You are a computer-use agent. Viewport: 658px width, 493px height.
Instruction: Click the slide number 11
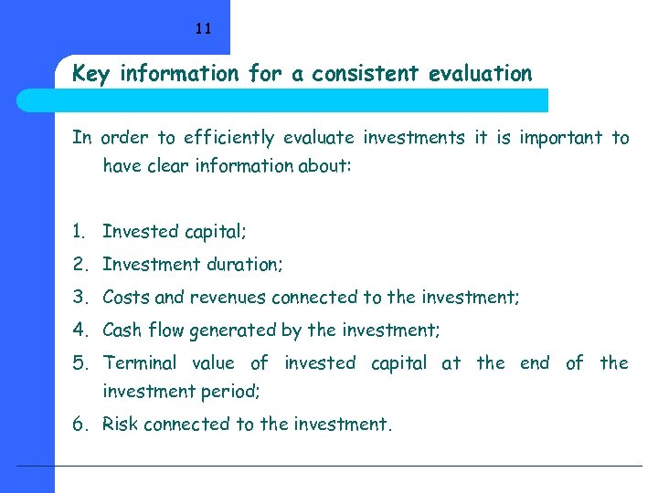pos(203,28)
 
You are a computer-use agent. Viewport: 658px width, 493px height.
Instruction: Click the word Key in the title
pos(90,74)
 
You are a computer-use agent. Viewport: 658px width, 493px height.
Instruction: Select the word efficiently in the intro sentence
pos(228,139)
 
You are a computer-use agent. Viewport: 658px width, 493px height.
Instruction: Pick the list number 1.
pos(80,232)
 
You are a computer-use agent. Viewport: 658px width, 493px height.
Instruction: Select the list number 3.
pos(80,298)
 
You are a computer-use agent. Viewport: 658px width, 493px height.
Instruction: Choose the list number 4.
pos(80,330)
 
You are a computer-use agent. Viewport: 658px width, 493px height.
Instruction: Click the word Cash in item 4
pos(122,330)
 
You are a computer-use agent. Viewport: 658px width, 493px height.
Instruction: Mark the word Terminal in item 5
pos(140,363)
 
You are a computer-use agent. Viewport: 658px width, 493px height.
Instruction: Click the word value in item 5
pos(213,363)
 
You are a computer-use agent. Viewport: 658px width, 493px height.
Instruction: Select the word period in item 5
pos(233,392)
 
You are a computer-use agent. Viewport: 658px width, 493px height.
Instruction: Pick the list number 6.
pos(80,425)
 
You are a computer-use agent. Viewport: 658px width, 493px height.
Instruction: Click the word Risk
pos(121,425)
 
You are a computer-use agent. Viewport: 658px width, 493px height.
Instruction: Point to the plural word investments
pos(414,138)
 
